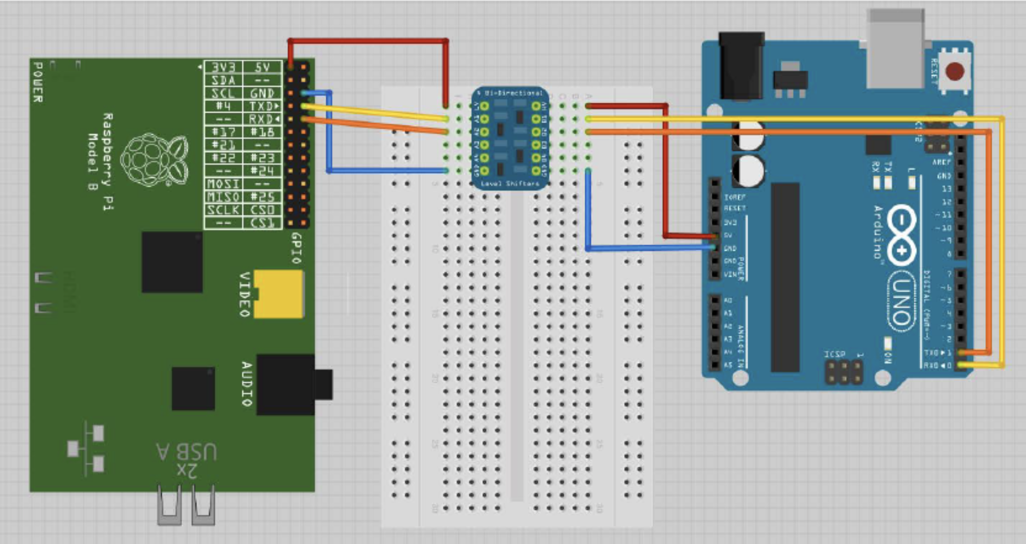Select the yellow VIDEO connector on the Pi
pos(279,294)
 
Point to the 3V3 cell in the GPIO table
pos(223,67)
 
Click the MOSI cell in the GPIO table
pos(223,184)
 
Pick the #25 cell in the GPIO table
pos(262,196)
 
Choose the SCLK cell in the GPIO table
pos(223,210)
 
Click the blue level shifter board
pos(510,138)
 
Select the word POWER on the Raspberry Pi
pos(38,83)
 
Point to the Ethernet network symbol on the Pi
pos(86,448)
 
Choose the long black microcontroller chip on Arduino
pos(785,277)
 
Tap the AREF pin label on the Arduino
pos(941,162)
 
